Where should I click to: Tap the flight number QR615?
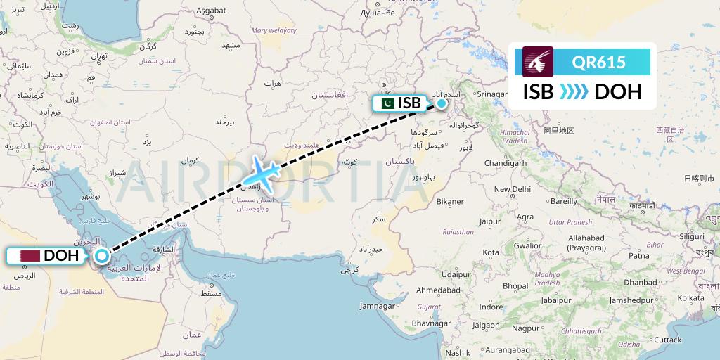pos(598,62)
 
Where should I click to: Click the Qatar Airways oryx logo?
pos(538,61)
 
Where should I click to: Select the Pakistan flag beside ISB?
pos(386,103)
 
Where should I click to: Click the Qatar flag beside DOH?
pos(30,256)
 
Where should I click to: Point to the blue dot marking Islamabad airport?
pos(441,103)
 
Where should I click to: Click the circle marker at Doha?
pos(102,256)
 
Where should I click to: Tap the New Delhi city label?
pos(512,189)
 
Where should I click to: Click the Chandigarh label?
pos(506,163)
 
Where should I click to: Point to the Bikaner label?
pos(450,201)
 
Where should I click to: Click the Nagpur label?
pos(525,328)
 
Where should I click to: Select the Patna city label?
pos(638,256)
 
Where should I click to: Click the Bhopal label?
pos(515,286)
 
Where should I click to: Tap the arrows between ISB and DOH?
pos(574,92)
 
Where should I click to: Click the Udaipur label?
pos(456,274)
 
